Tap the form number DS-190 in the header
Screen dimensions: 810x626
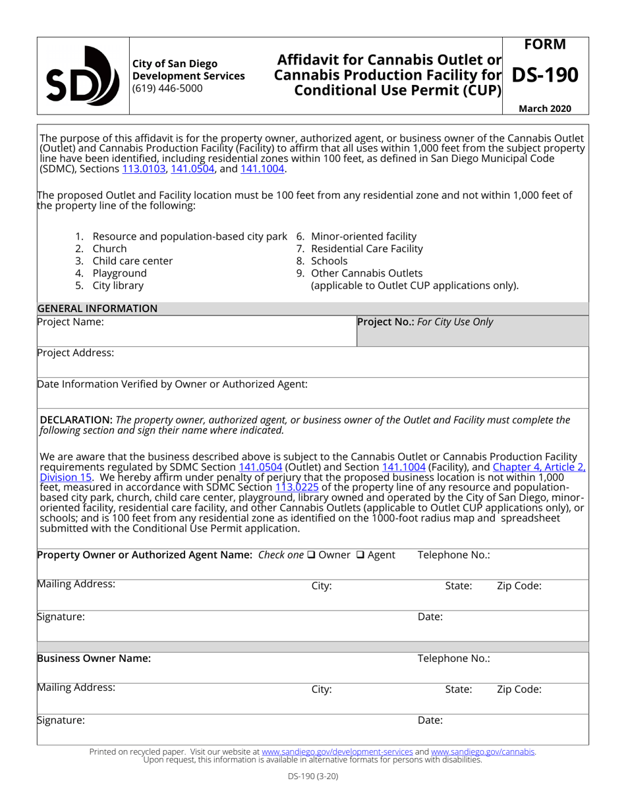coord(544,75)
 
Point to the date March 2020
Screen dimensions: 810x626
coord(545,109)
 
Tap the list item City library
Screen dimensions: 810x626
coord(118,285)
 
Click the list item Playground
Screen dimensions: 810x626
coord(119,273)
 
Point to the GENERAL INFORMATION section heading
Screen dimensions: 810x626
coord(98,308)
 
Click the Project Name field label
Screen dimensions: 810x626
coord(71,322)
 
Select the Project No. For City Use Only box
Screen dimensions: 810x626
coord(472,331)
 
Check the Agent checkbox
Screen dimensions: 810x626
coord(360,554)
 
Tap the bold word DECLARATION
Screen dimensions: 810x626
coord(76,419)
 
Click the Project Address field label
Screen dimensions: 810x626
coord(76,352)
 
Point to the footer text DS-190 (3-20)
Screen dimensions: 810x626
coord(313,776)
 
